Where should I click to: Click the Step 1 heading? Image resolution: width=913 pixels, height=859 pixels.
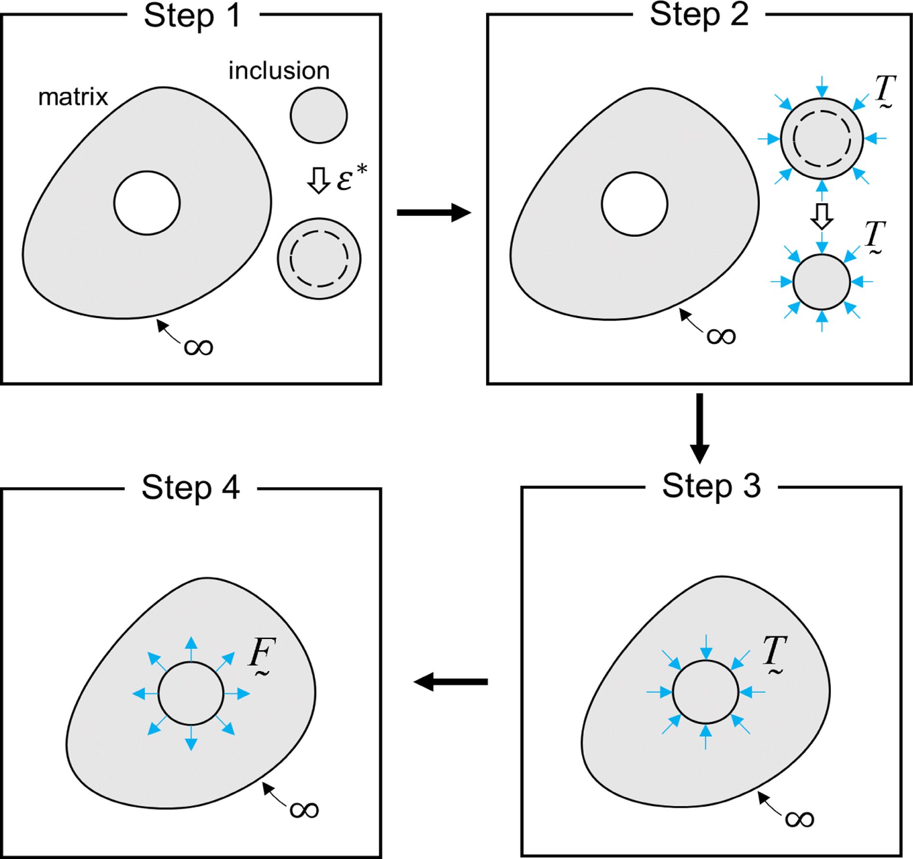click(192, 16)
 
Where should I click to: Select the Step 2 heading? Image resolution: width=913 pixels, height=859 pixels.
click(699, 15)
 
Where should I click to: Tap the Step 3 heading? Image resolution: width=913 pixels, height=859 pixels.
click(711, 486)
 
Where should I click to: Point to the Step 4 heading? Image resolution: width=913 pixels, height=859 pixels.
click(190, 488)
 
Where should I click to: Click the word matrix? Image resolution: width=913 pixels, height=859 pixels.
click(73, 98)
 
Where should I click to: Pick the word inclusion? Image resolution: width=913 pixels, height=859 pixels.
click(279, 71)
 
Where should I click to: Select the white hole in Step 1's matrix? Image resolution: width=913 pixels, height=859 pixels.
click(147, 203)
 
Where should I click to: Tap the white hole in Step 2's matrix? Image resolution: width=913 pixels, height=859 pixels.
click(634, 204)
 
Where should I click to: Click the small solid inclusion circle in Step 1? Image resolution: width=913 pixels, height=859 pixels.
click(319, 115)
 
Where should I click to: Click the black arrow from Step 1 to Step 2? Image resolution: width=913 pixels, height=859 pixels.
click(433, 212)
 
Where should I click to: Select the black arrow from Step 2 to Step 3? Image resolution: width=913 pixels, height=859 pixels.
click(699, 428)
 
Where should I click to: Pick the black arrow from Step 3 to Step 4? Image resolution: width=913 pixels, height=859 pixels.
click(451, 682)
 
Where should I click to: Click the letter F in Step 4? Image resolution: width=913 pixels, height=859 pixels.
click(262, 653)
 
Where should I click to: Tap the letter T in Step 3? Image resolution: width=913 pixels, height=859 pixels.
click(774, 651)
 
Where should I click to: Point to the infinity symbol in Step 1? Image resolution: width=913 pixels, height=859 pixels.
click(199, 347)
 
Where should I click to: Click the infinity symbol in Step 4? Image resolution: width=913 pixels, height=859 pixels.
click(304, 810)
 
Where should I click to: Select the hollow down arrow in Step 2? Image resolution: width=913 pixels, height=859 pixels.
click(822, 216)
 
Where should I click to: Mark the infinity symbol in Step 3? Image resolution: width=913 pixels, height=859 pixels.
click(799, 819)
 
